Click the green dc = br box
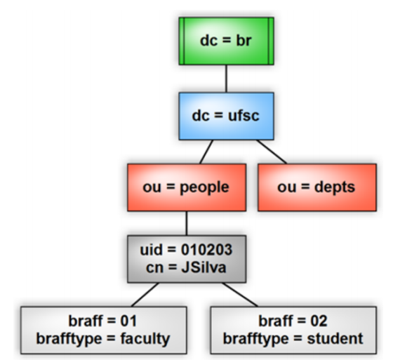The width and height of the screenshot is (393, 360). click(226, 41)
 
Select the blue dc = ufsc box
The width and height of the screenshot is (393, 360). click(226, 116)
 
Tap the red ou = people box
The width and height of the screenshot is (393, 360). click(187, 187)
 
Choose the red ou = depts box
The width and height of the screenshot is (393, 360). click(317, 187)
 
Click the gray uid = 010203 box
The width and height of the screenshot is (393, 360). click(187, 259)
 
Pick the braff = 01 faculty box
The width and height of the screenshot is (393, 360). click(104, 330)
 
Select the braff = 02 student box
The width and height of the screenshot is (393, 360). click(293, 330)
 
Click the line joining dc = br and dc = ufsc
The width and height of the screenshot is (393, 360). click(226, 79)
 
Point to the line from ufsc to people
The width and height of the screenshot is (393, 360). click(206, 152)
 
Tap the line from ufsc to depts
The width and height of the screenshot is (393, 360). click(272, 152)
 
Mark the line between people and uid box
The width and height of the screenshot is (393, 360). click(187, 223)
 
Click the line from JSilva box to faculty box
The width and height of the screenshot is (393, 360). click(145, 295)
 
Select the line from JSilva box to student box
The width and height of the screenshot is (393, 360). click(240, 295)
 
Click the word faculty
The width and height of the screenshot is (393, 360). click(145, 339)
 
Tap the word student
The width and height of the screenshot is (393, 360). click(335, 339)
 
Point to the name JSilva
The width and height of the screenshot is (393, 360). click(204, 267)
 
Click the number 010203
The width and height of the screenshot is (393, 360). click(207, 250)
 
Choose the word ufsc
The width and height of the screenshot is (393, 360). click(244, 116)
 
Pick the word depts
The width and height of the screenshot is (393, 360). click(335, 187)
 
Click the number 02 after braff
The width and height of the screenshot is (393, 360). click(319, 321)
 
